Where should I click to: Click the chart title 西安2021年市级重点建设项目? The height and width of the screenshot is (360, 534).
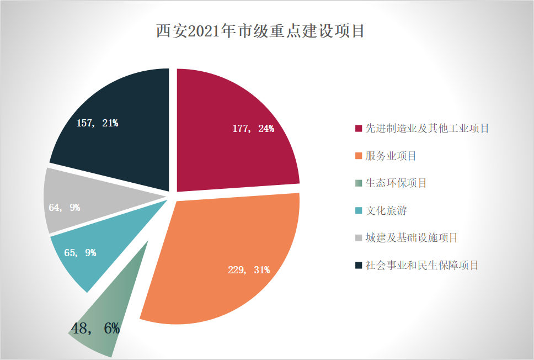pyautogui.click(x=260, y=31)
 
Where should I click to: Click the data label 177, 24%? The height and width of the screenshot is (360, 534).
pyautogui.click(x=253, y=129)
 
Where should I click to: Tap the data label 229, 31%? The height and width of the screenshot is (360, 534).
pyautogui.click(x=249, y=270)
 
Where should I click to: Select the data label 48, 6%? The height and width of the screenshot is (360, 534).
pyautogui.click(x=95, y=329)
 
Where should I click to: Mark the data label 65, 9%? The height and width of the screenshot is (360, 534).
pyautogui.click(x=80, y=253)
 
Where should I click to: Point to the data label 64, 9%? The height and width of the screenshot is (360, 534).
pyautogui.click(x=64, y=208)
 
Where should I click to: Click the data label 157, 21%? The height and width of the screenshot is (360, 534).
pyautogui.click(x=97, y=123)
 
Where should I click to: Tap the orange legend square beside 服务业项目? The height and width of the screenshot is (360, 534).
pyautogui.click(x=359, y=156)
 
